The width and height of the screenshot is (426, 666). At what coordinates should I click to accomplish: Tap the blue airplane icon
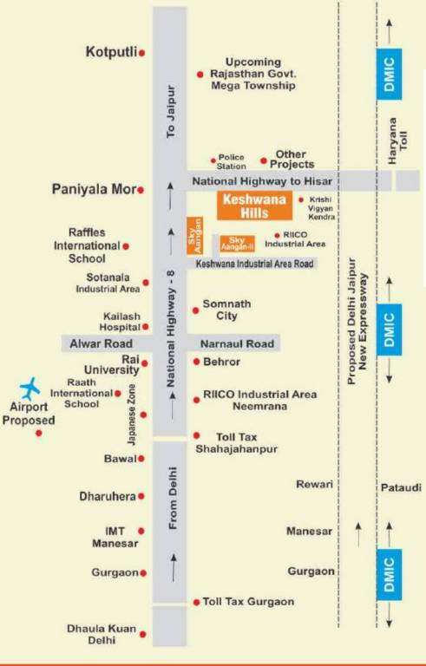coord(30,386)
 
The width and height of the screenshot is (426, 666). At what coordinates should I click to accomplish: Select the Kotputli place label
coord(112,52)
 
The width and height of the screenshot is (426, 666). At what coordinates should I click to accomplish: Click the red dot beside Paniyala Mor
coord(141,189)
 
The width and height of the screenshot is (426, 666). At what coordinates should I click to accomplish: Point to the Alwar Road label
coord(96,343)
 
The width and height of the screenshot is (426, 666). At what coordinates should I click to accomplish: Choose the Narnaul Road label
coord(237,343)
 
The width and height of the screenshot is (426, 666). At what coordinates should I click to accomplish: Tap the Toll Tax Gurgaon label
coord(249,601)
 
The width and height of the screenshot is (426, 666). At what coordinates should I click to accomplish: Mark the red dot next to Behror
coord(197,362)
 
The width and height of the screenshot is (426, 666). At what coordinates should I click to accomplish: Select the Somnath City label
coord(226,310)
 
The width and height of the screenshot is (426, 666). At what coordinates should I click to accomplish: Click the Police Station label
coord(232,162)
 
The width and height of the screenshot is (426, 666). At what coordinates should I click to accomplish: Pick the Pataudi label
coord(401,488)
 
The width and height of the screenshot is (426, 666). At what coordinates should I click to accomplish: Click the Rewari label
coord(315,484)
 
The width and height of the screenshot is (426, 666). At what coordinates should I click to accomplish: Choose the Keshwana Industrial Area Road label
coord(254,263)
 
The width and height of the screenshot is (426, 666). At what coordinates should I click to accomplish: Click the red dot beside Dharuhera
coord(141,496)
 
